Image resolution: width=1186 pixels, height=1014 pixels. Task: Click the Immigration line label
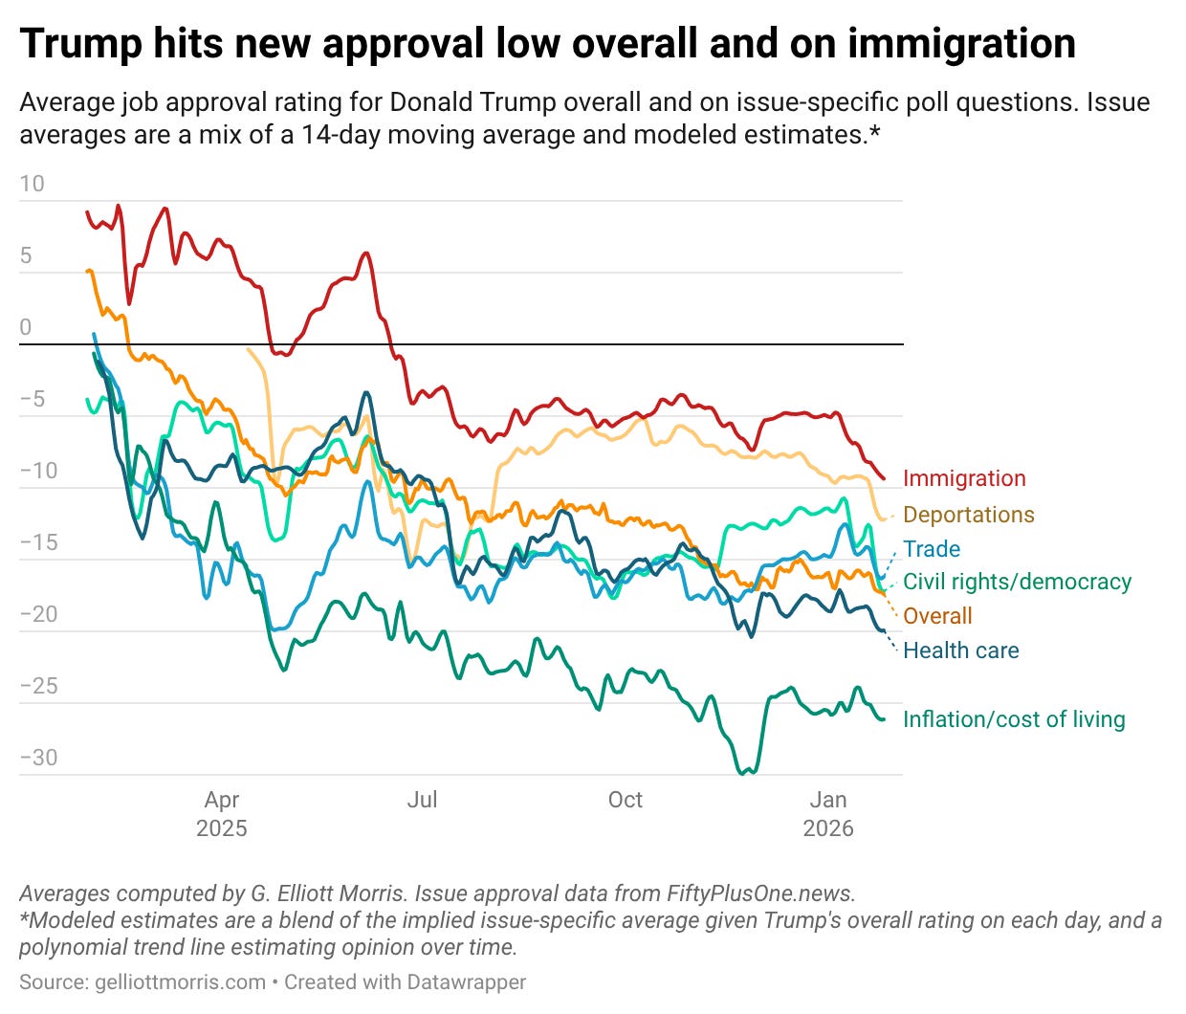click(x=964, y=478)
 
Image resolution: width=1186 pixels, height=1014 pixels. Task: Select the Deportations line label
click(x=968, y=515)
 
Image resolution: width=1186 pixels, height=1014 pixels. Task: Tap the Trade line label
click(x=932, y=549)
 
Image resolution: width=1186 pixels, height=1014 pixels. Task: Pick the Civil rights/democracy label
click(x=1017, y=582)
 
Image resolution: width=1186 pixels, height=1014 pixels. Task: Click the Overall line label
click(x=937, y=616)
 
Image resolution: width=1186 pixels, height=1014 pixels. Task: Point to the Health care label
click(x=960, y=650)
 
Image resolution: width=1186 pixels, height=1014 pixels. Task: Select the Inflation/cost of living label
click(x=1014, y=719)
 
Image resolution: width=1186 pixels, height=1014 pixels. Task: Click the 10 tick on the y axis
click(x=32, y=184)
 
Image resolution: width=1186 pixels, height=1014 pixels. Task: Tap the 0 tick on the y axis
click(x=26, y=327)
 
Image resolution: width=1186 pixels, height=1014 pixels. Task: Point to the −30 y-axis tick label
click(x=38, y=758)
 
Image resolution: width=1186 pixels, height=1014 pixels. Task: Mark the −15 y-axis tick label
click(x=38, y=542)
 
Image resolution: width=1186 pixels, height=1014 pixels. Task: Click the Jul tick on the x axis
click(x=422, y=800)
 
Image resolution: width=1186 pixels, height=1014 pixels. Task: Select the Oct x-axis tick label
click(x=626, y=800)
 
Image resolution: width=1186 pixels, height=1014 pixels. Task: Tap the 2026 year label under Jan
click(x=828, y=828)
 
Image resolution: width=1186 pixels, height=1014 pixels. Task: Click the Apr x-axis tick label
click(x=221, y=800)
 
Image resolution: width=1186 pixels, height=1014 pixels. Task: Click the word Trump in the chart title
click(x=79, y=44)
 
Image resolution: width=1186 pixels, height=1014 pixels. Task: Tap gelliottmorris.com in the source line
click(x=181, y=982)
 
